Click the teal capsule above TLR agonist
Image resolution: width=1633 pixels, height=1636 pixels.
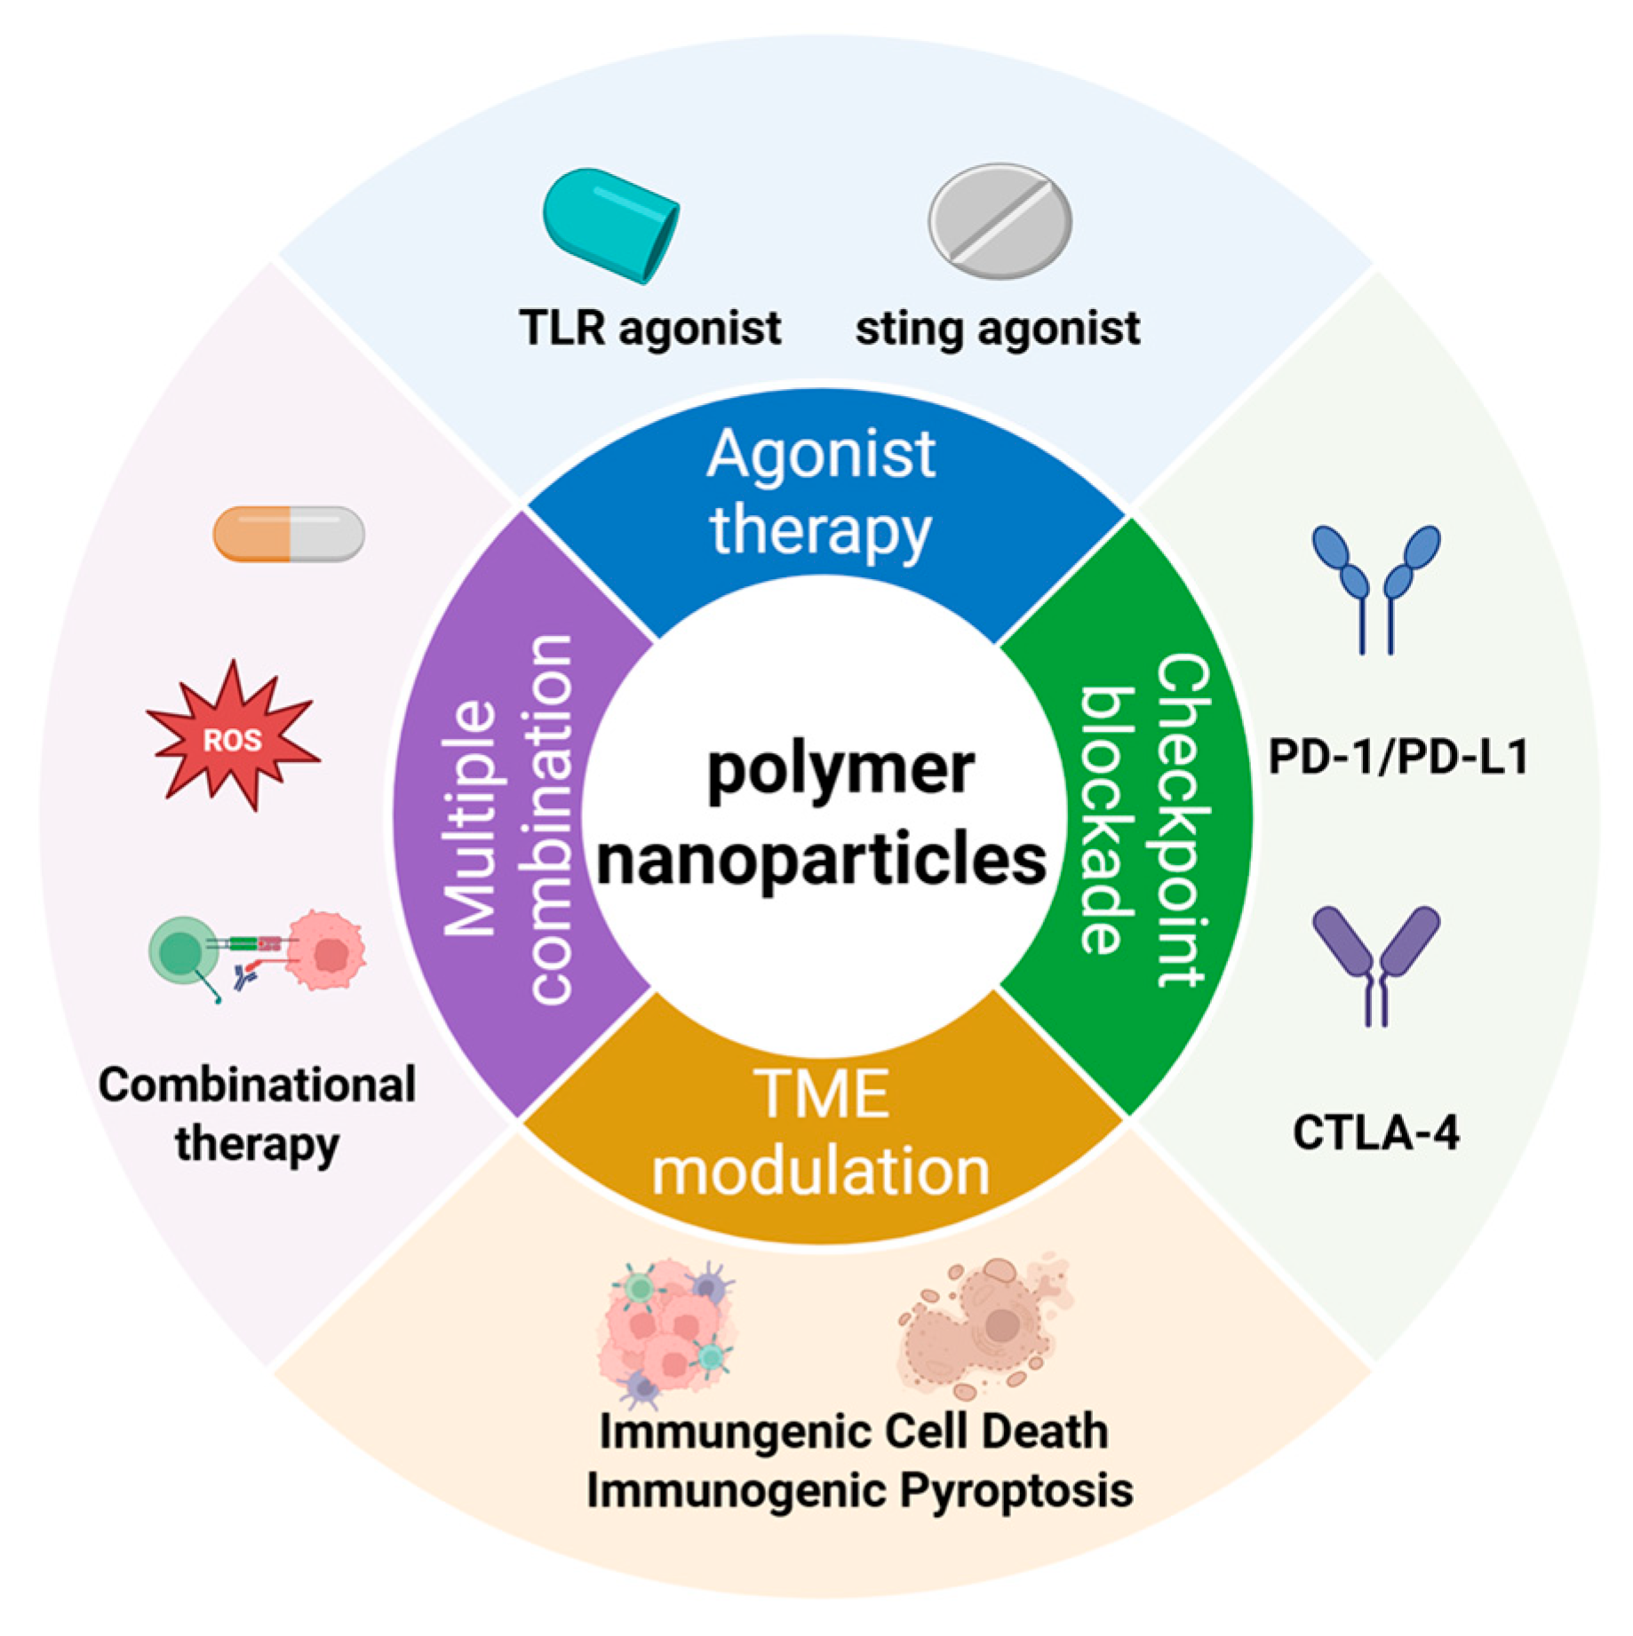pyautogui.click(x=611, y=225)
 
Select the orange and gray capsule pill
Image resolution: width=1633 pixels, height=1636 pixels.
pyautogui.click(x=289, y=534)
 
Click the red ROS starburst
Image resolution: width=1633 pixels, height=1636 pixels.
pyautogui.click(x=233, y=736)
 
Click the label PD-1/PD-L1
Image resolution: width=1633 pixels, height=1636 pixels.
pyautogui.click(x=1398, y=758)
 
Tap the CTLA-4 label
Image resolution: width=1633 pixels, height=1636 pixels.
pyautogui.click(x=1375, y=1132)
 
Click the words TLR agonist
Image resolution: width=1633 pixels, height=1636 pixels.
pyautogui.click(x=650, y=329)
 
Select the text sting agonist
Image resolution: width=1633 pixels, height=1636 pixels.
pyautogui.click(x=998, y=329)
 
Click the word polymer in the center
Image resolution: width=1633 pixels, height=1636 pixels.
pyautogui.click(x=840, y=770)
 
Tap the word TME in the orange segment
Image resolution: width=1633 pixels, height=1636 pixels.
pyautogui.click(x=821, y=1093)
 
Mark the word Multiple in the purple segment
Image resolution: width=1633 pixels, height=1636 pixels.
pyautogui.click(x=469, y=818)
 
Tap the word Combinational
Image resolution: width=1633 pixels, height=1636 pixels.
pyautogui.click(x=257, y=1084)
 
